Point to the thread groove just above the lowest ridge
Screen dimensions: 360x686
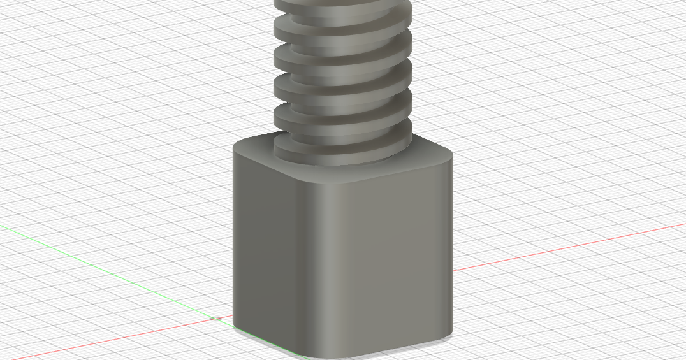tap(344, 137)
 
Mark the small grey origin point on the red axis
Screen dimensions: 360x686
tap(215, 317)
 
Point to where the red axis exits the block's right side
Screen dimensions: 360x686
tap(453, 270)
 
